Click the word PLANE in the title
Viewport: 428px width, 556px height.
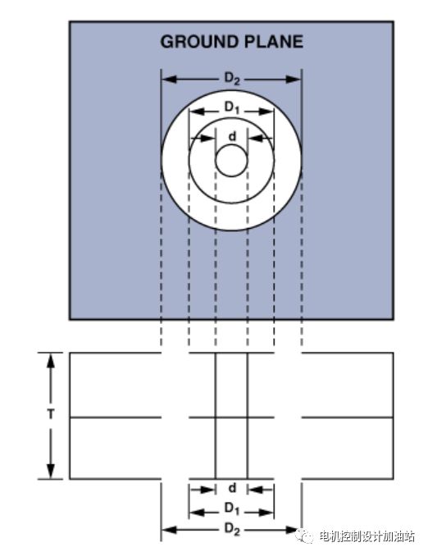[274, 42]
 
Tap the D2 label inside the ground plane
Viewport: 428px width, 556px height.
[232, 79]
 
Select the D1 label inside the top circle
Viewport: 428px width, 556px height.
[232, 107]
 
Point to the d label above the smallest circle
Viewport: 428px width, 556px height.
[232, 136]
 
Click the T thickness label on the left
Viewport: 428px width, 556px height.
[51, 413]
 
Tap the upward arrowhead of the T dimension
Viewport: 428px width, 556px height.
[51, 362]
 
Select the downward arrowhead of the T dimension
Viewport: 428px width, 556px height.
[51, 471]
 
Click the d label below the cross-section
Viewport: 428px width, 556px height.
[232, 488]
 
